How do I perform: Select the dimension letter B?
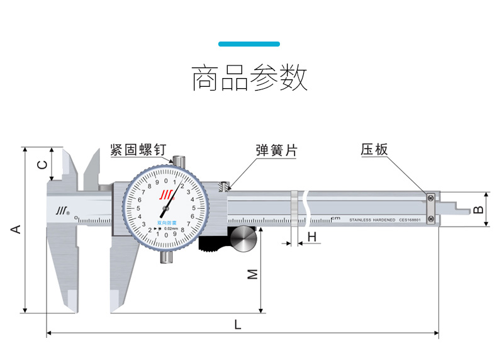[478, 209]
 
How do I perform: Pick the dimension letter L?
[237, 325]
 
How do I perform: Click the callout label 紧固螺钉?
[137, 150]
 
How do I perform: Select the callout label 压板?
[374, 150]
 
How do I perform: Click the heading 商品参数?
[249, 78]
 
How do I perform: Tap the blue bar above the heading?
[249, 44]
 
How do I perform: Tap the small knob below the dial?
[166, 257]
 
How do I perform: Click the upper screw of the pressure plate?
[431, 198]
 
